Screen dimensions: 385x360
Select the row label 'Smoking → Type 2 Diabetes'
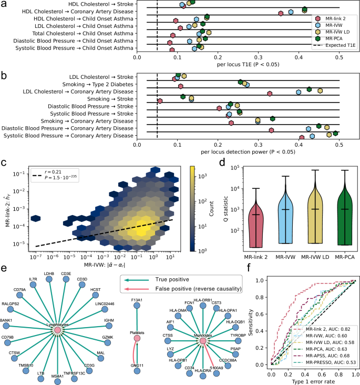click(93, 85)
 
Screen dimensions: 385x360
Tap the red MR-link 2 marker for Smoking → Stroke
click(160, 101)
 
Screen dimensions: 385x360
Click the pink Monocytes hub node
click(203, 326)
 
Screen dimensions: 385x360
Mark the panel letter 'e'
click(4, 268)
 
